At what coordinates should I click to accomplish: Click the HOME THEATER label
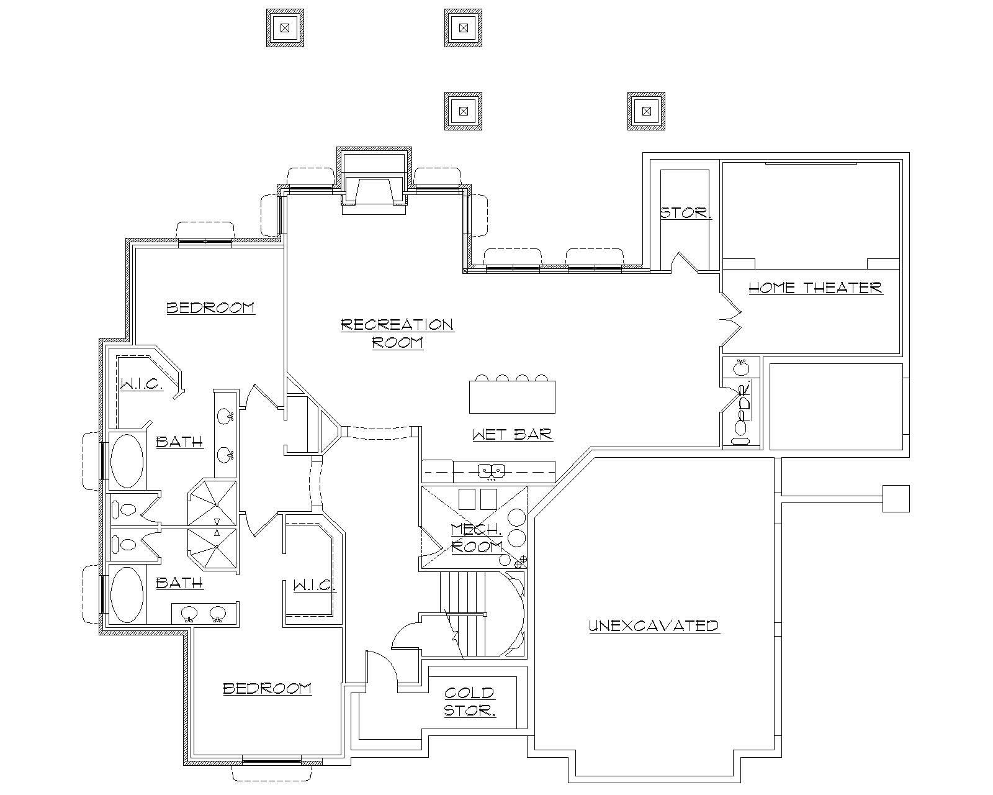click(x=815, y=288)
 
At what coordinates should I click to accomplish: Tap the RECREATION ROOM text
click(x=397, y=333)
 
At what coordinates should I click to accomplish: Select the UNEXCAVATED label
click(x=654, y=625)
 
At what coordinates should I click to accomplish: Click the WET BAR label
click(x=512, y=434)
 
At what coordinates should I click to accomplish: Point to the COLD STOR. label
click(x=470, y=701)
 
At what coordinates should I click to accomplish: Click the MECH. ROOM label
click(x=477, y=538)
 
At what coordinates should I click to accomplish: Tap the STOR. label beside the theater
click(x=685, y=212)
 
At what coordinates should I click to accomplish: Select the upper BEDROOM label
click(x=210, y=307)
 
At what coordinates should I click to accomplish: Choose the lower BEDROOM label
click(x=267, y=688)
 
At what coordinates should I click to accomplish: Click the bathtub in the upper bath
click(x=127, y=460)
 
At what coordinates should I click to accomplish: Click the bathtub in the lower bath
click(x=127, y=594)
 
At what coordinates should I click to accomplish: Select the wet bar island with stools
click(x=512, y=397)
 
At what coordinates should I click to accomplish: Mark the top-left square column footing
click(x=285, y=27)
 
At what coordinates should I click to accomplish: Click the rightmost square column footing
click(x=646, y=111)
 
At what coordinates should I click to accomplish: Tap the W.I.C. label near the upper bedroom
click(x=142, y=385)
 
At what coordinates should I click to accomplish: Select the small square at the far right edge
click(x=896, y=498)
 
